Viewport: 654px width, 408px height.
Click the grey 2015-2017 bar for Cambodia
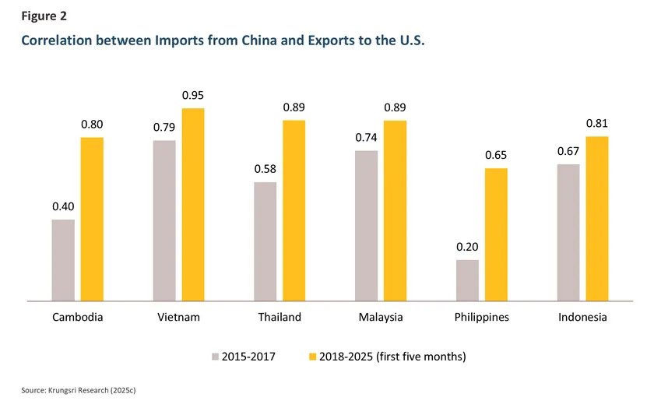(63, 260)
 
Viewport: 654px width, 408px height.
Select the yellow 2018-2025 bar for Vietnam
(193, 204)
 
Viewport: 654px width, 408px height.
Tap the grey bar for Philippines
(467, 280)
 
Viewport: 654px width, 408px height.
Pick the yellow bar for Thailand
(294, 210)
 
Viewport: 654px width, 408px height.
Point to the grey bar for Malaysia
(366, 225)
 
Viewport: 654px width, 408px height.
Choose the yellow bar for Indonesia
(596, 218)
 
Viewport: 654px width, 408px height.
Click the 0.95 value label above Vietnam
(193, 96)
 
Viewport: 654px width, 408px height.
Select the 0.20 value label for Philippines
(467, 247)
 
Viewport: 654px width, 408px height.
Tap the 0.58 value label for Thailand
(265, 169)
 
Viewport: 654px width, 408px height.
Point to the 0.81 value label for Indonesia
(596, 123)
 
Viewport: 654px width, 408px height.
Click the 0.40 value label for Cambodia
(63, 206)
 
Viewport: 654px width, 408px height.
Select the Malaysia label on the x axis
(381, 318)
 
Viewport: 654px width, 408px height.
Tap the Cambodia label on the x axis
(78, 318)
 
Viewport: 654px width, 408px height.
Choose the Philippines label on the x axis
(482, 318)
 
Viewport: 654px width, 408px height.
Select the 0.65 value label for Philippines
(496, 155)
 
